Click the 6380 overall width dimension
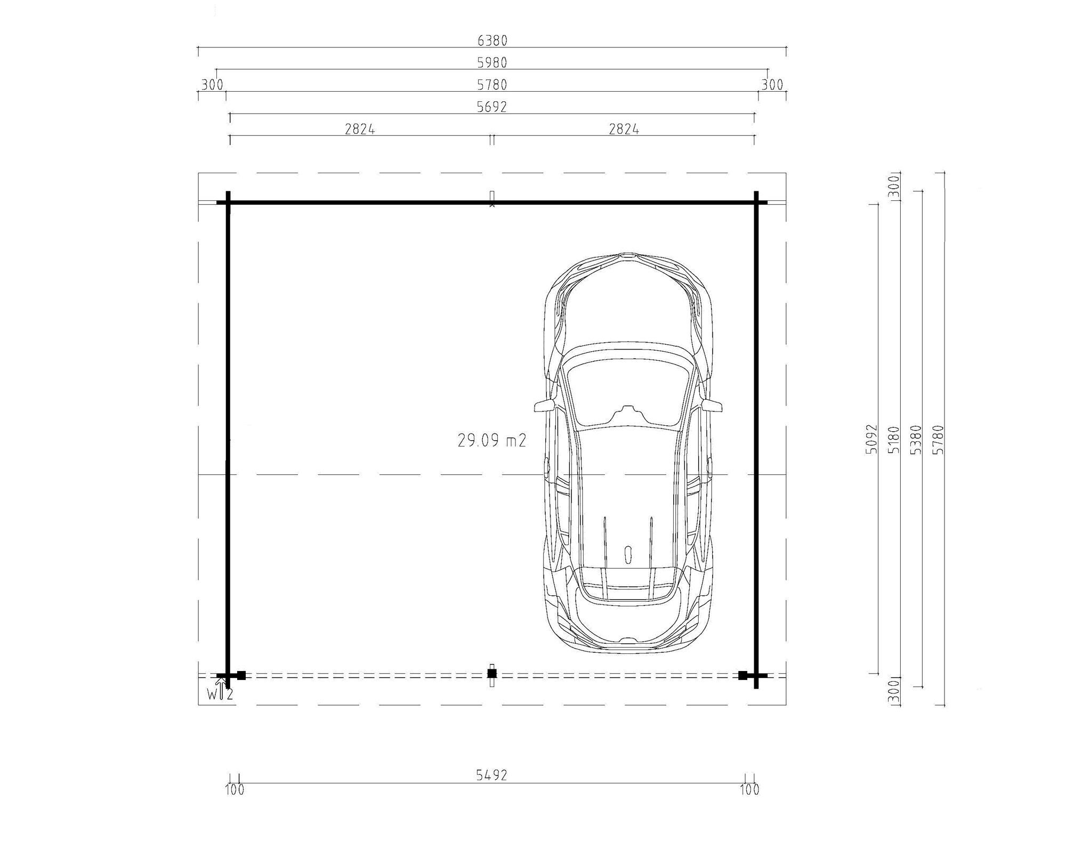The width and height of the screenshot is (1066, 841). click(492, 41)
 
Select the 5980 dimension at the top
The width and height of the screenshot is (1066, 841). click(492, 63)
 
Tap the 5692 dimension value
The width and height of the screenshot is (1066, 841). click(492, 107)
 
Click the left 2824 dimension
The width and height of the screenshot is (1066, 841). click(360, 129)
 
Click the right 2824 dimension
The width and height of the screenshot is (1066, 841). click(624, 129)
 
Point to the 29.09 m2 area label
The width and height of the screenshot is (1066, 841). click(492, 440)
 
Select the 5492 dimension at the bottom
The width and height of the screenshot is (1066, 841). click(491, 775)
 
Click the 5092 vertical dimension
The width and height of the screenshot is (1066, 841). click(870, 439)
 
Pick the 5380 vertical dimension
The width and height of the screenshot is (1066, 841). click(916, 439)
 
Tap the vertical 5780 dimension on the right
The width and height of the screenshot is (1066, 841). click(939, 439)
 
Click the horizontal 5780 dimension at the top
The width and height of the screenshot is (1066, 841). click(492, 85)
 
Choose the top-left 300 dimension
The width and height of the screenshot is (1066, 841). click(212, 85)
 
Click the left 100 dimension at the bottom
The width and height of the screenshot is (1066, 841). click(235, 789)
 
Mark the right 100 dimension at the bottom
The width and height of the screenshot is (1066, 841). click(749, 789)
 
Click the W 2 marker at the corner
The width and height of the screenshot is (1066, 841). click(220, 694)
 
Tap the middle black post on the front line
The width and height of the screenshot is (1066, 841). click(492, 674)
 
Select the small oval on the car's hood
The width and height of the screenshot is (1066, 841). click(628, 554)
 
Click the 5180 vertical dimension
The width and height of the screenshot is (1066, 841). click(893, 439)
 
